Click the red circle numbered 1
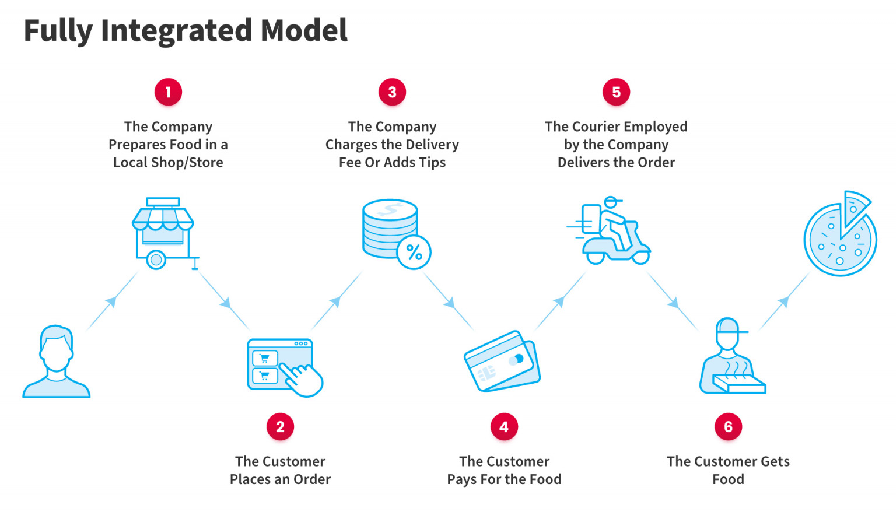[168, 92]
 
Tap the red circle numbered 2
[280, 427]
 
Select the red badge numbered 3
[392, 92]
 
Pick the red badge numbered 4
[504, 427]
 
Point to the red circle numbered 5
[616, 92]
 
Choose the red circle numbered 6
[728, 427]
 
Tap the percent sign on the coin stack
[414, 252]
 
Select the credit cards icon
[502, 362]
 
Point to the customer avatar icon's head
[57, 347]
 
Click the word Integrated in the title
[177, 30]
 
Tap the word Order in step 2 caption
[312, 479]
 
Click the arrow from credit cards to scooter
[559, 302]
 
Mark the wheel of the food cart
[156, 259]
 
